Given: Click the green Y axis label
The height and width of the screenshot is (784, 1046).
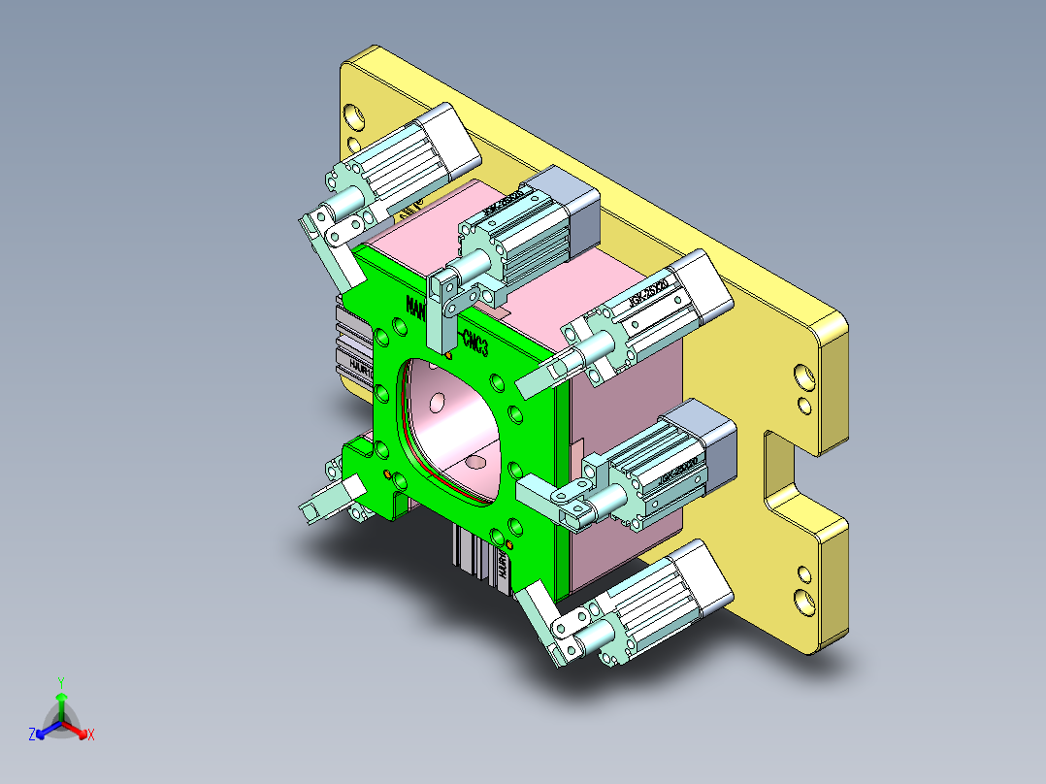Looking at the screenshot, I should (x=60, y=682).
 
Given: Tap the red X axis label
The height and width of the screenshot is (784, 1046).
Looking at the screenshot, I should (x=90, y=736).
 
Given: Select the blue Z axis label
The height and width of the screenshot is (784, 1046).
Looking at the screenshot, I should (x=32, y=735).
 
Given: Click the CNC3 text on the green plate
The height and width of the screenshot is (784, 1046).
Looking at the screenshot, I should (x=475, y=342).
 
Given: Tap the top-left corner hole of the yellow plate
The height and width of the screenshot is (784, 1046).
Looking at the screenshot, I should (x=356, y=116).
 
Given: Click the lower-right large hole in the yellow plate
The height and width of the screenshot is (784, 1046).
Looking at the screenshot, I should (x=804, y=600).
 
